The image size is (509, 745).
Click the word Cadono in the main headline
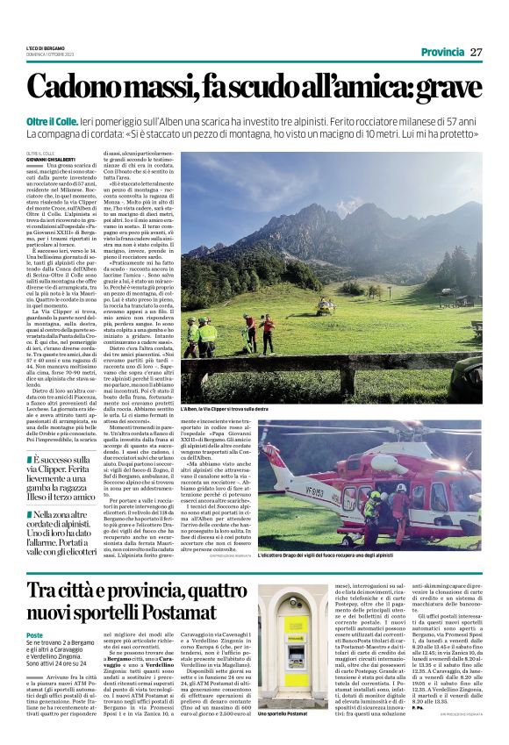(98, 87)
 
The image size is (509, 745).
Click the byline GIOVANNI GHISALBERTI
(55, 158)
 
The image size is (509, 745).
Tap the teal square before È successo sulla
(28, 458)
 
